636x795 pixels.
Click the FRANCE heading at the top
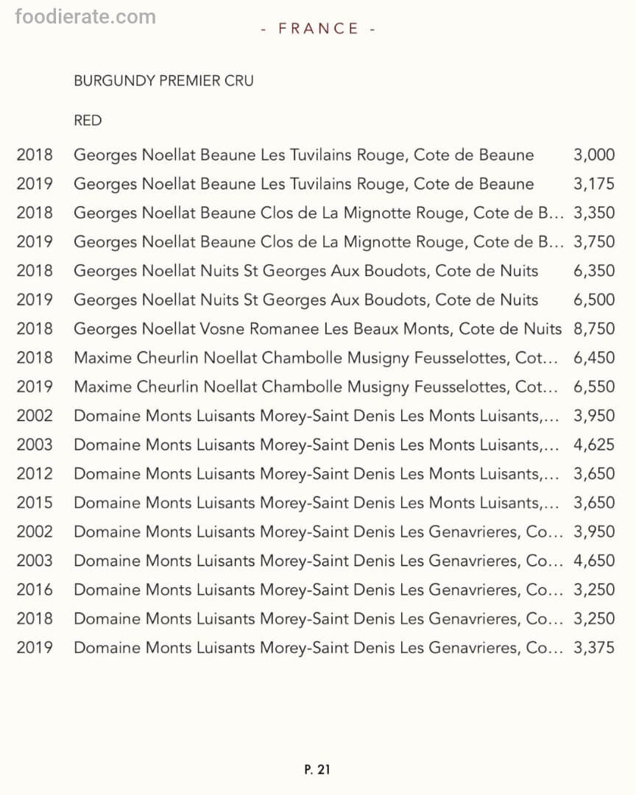point(319,29)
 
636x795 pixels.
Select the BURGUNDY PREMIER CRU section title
point(163,81)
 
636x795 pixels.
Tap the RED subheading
point(88,121)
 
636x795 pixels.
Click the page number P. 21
point(317,769)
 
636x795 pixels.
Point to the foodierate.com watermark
point(85,17)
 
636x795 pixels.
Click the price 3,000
point(593,155)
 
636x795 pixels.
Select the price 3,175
point(593,184)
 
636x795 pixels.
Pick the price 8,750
point(593,329)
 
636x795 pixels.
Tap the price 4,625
point(593,445)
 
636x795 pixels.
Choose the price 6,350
point(593,271)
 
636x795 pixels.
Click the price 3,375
point(593,648)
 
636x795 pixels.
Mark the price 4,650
point(593,561)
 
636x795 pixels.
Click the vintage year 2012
point(35,474)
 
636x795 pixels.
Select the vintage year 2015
point(35,503)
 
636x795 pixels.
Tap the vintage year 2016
point(35,590)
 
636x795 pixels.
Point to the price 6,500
point(593,300)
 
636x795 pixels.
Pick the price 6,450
point(593,358)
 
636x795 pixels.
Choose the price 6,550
point(593,387)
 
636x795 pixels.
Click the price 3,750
point(593,242)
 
